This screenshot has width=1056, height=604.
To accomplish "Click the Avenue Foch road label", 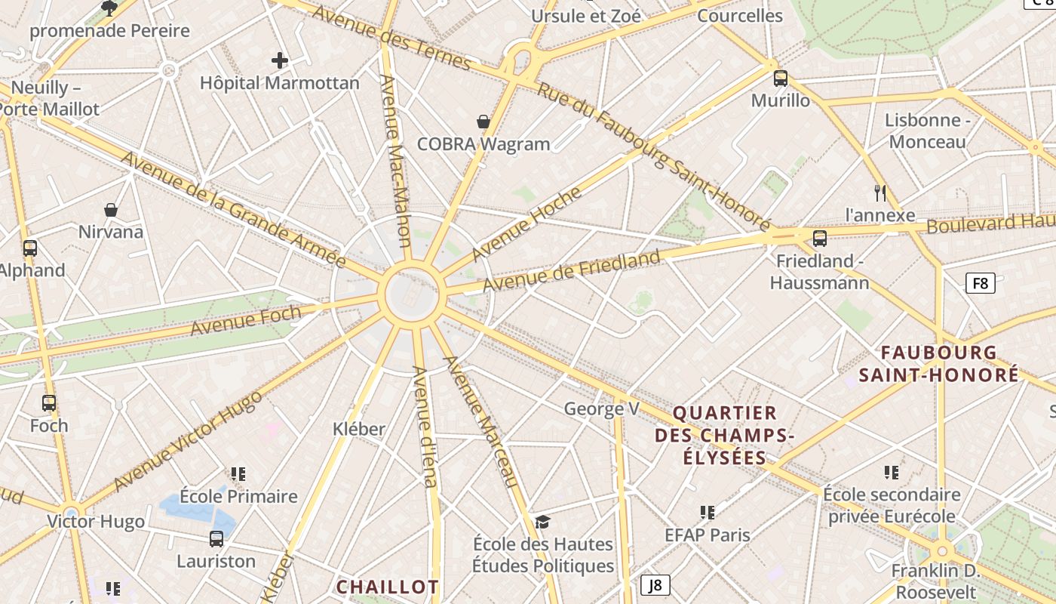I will tap(245, 321).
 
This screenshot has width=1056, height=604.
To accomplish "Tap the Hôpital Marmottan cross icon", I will tap(280, 60).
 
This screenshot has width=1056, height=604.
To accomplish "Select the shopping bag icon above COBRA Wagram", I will tap(483, 122).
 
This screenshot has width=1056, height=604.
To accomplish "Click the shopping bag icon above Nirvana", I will tap(111, 210).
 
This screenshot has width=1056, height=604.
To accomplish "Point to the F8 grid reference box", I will tap(980, 283).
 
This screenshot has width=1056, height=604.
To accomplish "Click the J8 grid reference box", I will tap(655, 584).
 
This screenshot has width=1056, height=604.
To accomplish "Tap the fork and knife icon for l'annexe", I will tap(879, 193).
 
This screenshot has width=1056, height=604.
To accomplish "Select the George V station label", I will tap(602, 409).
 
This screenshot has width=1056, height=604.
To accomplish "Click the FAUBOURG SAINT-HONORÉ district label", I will tap(939, 364).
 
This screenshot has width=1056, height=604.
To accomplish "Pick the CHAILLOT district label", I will tap(388, 587).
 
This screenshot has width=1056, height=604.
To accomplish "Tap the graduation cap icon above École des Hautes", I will tap(542, 522).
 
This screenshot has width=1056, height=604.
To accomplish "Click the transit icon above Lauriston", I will tap(216, 539).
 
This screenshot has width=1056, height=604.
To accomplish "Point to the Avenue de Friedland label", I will tap(572, 272).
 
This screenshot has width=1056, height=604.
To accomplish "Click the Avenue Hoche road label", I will tap(526, 223).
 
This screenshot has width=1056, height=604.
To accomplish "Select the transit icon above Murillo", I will tap(781, 78).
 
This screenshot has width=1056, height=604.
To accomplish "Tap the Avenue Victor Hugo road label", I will tap(188, 440).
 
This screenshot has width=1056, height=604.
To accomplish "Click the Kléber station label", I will tap(359, 429).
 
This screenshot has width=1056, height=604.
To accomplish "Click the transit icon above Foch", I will tap(49, 403).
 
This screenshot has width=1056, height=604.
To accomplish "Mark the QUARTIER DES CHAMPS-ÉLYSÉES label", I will tap(724, 435).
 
